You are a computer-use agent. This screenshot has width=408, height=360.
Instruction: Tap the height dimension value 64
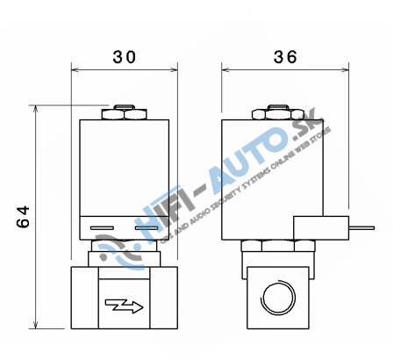tap(25, 217)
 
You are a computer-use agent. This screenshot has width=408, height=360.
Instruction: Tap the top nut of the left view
tap(124, 112)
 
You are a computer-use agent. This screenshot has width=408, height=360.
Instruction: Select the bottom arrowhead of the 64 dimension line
tap(36, 324)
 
